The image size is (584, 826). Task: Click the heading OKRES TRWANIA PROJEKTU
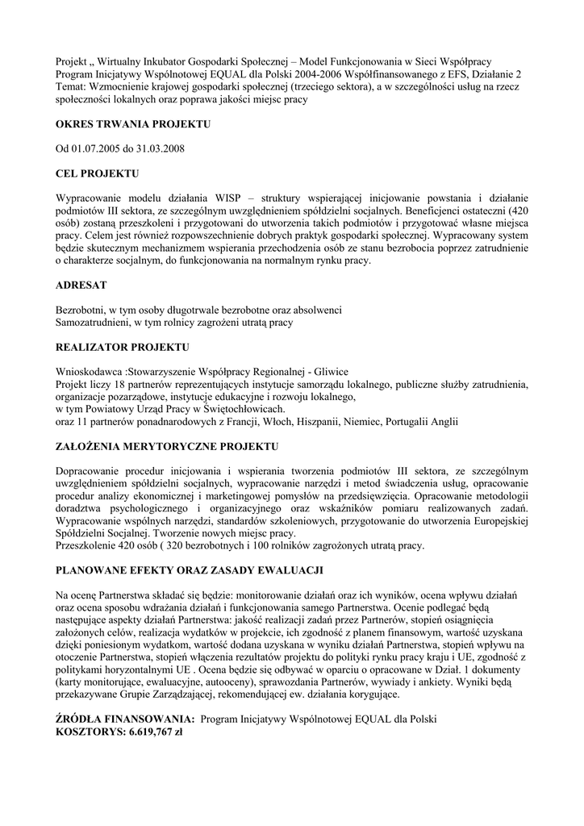(133, 124)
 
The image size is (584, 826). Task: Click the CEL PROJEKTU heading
(97, 173)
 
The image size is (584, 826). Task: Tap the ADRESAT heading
(81, 286)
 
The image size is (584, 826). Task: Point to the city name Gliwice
(330, 372)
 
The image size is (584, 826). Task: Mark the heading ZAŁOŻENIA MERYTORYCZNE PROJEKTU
(167, 446)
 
